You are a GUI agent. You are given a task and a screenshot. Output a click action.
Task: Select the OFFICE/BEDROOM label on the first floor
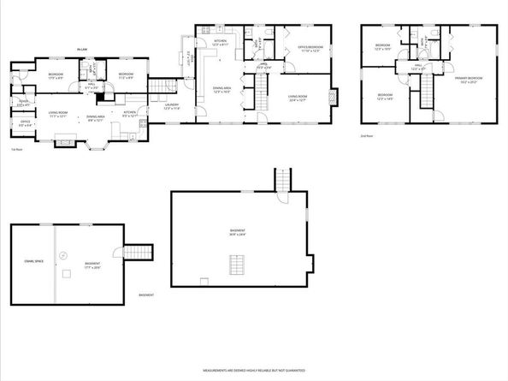(x=309, y=49)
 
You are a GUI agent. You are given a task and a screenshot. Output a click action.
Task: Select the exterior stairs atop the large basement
(x=284, y=180)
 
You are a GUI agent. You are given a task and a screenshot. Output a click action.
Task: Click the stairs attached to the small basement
(x=139, y=252)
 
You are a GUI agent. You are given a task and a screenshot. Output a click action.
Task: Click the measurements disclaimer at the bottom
(x=253, y=371)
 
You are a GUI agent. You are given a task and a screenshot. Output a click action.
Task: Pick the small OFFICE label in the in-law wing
(x=26, y=123)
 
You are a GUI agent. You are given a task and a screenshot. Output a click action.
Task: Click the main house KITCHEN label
(x=220, y=42)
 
